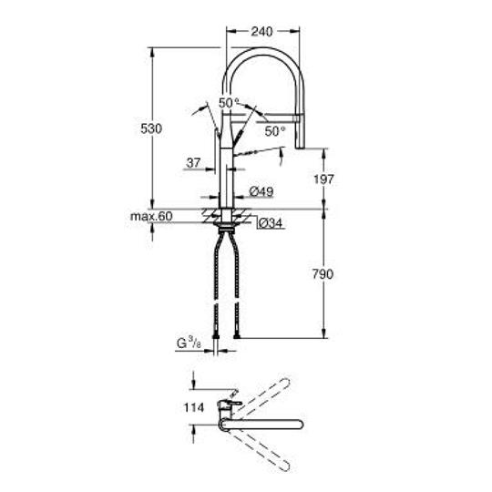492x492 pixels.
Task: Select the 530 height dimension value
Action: tap(151, 129)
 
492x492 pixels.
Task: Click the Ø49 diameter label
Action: tap(262, 191)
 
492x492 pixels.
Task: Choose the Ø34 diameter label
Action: tap(270, 222)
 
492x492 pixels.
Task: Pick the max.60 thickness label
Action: tap(150, 216)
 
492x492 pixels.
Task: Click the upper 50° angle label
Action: tap(229, 102)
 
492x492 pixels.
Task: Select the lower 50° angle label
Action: tap(275, 131)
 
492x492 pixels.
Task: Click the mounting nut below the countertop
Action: tap(223, 220)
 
